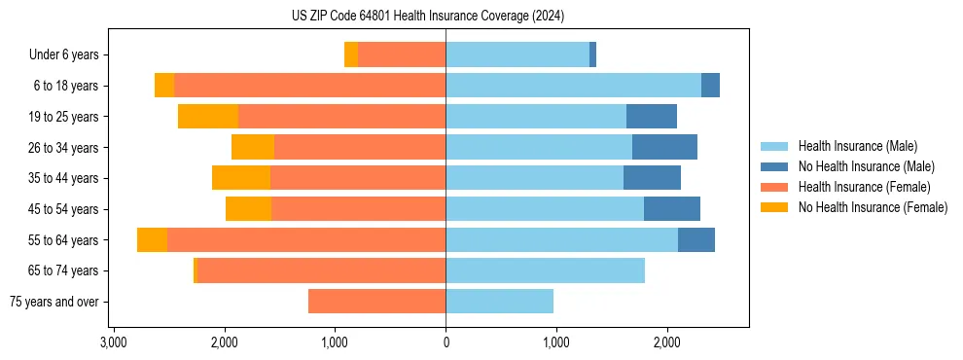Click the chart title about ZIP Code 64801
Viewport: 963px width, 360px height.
pyautogui.click(x=427, y=17)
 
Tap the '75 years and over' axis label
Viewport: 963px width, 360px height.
pyautogui.click(x=54, y=302)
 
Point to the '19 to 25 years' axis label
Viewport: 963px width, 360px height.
pyautogui.click(x=63, y=117)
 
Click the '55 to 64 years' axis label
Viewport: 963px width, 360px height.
pyautogui.click(x=63, y=240)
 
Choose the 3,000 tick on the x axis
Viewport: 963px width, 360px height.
pyautogui.click(x=114, y=342)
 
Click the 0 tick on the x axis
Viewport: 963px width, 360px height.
pyautogui.click(x=446, y=342)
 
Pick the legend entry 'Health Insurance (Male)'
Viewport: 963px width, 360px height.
pyautogui.click(x=857, y=146)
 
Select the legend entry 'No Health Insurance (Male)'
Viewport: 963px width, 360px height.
pyautogui.click(x=866, y=166)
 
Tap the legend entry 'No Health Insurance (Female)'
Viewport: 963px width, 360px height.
pyautogui.click(x=873, y=207)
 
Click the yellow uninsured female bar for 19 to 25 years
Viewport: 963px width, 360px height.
pyautogui.click(x=208, y=117)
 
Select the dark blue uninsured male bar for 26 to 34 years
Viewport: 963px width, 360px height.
pyautogui.click(x=664, y=147)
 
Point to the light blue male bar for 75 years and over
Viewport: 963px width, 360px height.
pyautogui.click(x=500, y=302)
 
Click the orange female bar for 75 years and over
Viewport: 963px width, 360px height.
pyautogui.click(x=377, y=302)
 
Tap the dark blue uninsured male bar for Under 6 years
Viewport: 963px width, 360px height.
pyautogui.click(x=593, y=54)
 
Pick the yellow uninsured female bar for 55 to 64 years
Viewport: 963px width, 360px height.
pyautogui.click(x=152, y=240)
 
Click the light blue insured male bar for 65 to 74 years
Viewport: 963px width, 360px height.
pyautogui.click(x=545, y=270)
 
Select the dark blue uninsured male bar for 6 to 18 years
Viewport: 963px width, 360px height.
pyautogui.click(x=710, y=86)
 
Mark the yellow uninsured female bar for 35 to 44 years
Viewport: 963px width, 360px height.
pyautogui.click(x=241, y=178)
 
